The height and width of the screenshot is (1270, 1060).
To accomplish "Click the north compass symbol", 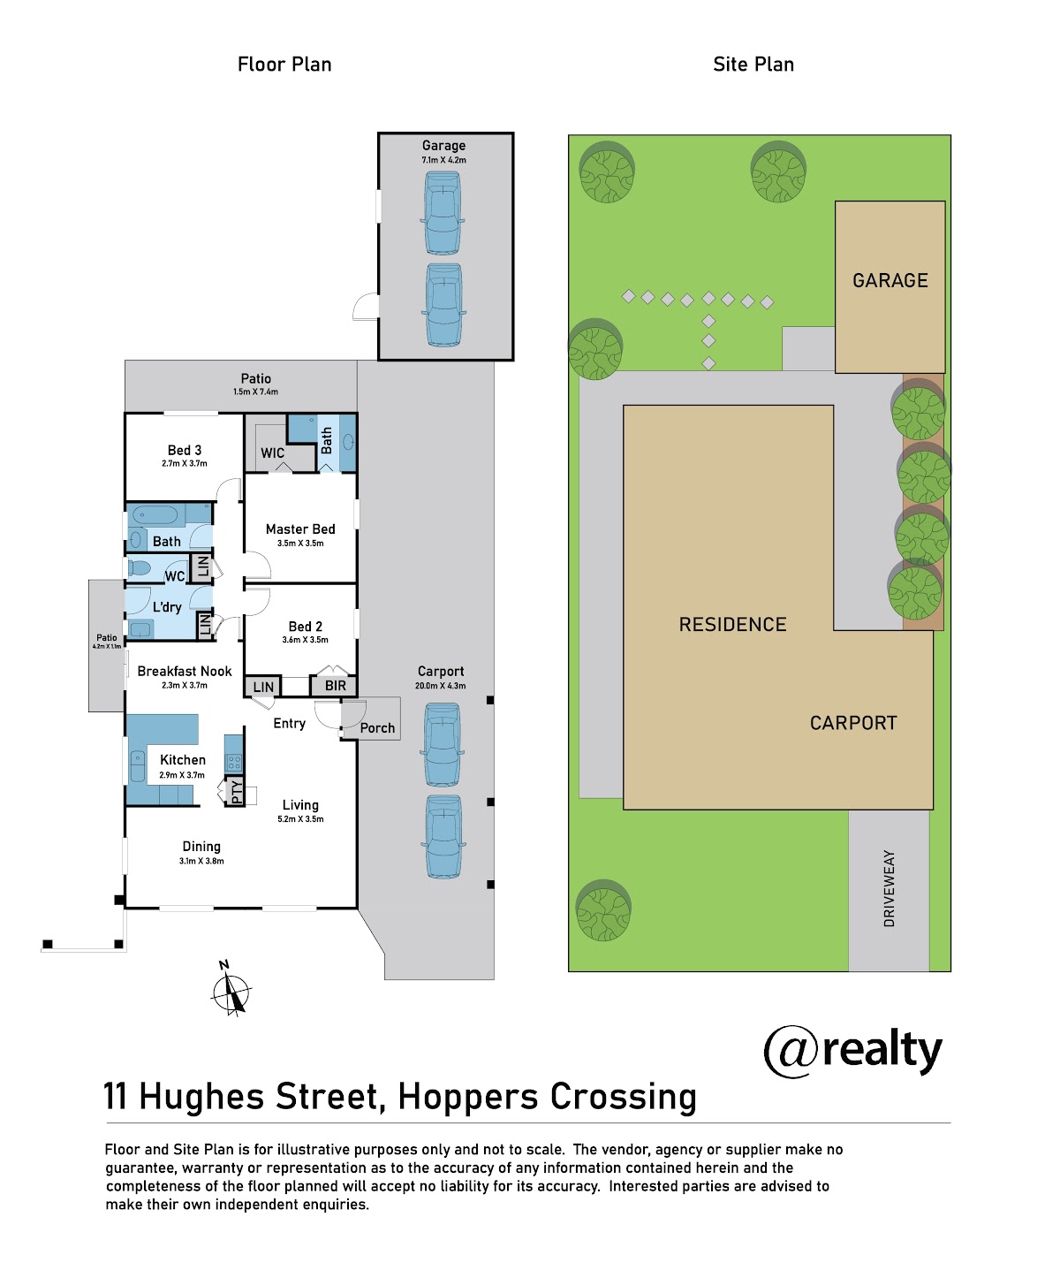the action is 231,992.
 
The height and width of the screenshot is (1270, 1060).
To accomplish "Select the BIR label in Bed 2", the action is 335,686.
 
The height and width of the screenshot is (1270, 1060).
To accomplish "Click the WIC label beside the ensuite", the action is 272,453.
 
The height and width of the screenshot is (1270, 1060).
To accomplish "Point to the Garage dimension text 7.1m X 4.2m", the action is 444,160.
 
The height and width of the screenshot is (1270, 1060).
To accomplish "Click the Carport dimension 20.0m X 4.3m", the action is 440,686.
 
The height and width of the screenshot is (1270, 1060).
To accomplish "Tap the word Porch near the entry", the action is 377,728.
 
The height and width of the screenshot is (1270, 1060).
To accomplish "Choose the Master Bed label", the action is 300,529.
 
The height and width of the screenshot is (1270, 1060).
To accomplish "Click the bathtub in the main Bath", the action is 155,516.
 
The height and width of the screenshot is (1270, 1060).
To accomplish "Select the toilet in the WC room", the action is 139,568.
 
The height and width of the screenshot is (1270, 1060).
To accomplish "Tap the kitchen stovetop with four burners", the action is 234,762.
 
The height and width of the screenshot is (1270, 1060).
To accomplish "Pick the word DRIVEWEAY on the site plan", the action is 890,888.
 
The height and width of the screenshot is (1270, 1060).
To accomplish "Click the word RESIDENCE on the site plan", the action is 733,624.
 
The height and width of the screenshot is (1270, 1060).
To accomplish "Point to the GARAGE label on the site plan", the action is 890,280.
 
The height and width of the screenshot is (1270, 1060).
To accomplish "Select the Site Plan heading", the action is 753,65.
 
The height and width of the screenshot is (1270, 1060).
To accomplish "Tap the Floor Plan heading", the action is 284,65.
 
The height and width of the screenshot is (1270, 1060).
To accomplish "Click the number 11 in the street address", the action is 116,1097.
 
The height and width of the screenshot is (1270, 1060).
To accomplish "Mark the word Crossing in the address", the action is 624,1099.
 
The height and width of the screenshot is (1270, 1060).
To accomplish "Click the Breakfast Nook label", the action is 185,671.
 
